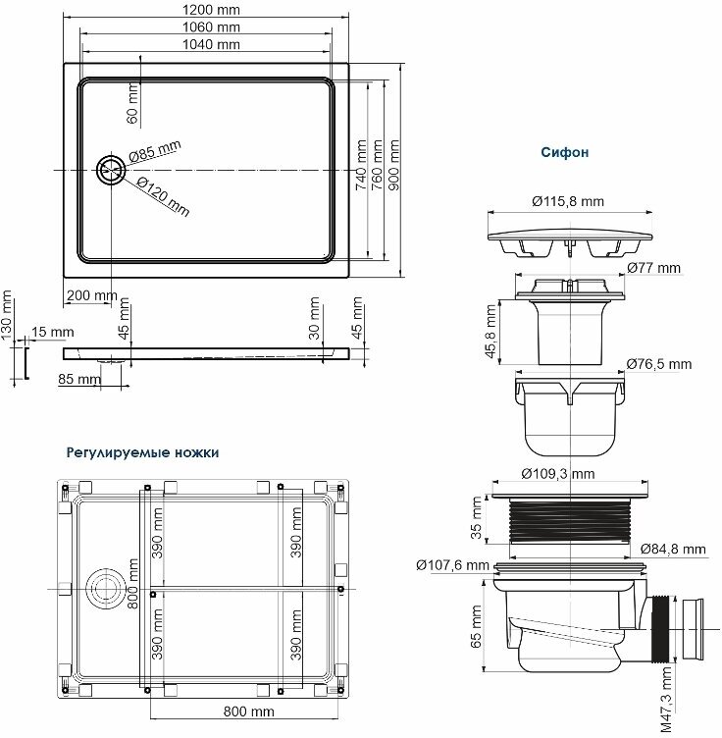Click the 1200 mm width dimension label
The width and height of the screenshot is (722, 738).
211,10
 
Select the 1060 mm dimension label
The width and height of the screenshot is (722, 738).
211,27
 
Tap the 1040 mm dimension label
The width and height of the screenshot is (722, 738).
211,45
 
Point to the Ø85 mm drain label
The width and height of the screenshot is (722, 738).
155,151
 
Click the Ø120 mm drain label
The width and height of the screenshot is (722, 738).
163,196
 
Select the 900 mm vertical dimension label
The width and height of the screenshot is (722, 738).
394,165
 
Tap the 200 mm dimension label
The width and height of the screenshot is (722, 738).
91,295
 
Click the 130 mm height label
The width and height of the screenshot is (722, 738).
6,314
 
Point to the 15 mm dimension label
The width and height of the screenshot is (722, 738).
53,332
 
